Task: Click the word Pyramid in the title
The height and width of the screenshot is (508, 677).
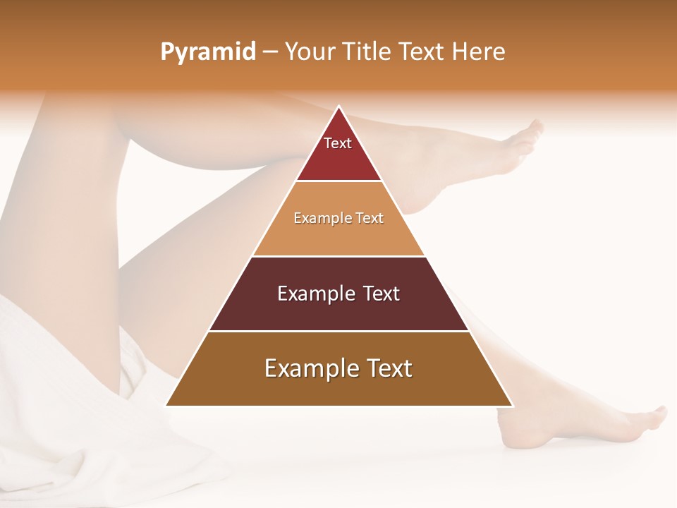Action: click(x=208, y=52)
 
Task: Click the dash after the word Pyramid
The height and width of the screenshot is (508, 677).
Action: click(x=270, y=52)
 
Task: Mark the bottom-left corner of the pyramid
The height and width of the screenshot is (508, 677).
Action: click(x=166, y=405)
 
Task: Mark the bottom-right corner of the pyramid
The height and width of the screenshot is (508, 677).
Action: click(x=512, y=405)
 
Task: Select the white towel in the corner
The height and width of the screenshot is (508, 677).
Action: click(x=71, y=409)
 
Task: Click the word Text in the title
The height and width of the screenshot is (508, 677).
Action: click(x=422, y=52)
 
